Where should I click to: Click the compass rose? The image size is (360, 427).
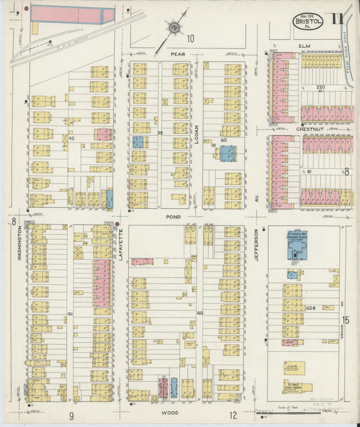175,28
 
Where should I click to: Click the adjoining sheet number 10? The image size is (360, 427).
191,39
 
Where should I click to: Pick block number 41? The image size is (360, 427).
70,314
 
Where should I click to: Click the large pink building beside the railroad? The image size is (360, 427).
72,14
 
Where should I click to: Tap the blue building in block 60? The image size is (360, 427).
228,153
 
